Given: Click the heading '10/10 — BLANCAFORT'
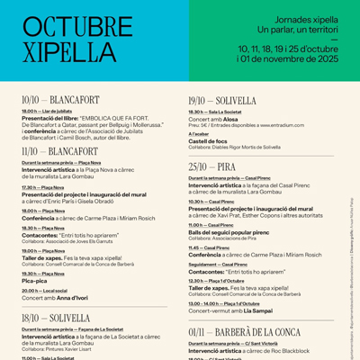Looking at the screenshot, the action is (60, 100).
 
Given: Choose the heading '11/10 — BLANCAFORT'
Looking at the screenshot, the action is (59, 151).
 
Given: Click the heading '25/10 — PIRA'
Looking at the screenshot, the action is (211, 166).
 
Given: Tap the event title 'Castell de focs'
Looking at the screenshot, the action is (210, 140).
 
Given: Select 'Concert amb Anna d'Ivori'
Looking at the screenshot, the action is (55, 297).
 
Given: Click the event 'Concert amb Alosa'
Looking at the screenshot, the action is (213, 118).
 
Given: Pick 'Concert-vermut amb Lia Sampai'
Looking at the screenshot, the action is (231, 310).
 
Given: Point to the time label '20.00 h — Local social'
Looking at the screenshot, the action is (44, 291).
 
